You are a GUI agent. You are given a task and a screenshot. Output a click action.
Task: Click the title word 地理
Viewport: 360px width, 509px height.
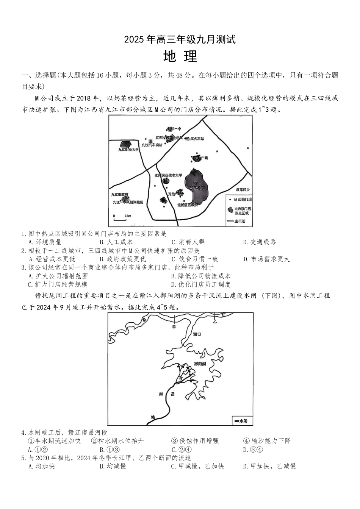(180, 56)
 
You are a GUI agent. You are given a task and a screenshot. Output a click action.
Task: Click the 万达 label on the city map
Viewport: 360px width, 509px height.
(172, 194)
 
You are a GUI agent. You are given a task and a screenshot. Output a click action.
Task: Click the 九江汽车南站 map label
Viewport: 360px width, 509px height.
(152, 145)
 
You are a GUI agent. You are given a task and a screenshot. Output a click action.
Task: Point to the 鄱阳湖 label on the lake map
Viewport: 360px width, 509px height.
(200, 364)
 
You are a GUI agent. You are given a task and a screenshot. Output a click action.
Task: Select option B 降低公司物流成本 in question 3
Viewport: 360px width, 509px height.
(200, 276)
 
